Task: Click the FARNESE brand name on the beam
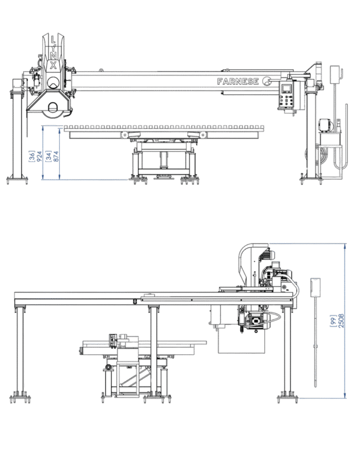pos(238,81)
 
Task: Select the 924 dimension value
pos(39,156)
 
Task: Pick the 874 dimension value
pos(56,156)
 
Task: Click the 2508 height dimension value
pos(341,321)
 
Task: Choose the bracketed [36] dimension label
pos(32,156)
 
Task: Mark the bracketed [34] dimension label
pos(48,156)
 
